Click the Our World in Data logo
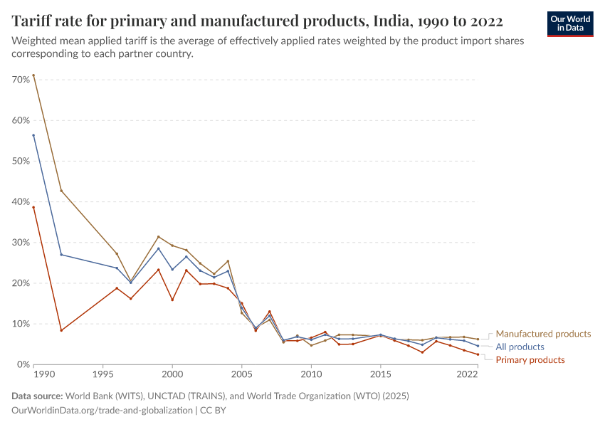[569, 23]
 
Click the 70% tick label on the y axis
[20, 80]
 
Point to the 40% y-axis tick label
[20, 202]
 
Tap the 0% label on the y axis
[22, 365]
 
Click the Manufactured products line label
[543, 334]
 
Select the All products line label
[520, 347]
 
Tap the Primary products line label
[530, 360]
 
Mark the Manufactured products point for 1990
[33, 75]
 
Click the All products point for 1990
[33, 135]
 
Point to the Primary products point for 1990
[33, 207]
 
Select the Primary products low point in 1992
[61, 330]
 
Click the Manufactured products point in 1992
[61, 191]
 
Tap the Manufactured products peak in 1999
[159, 237]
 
